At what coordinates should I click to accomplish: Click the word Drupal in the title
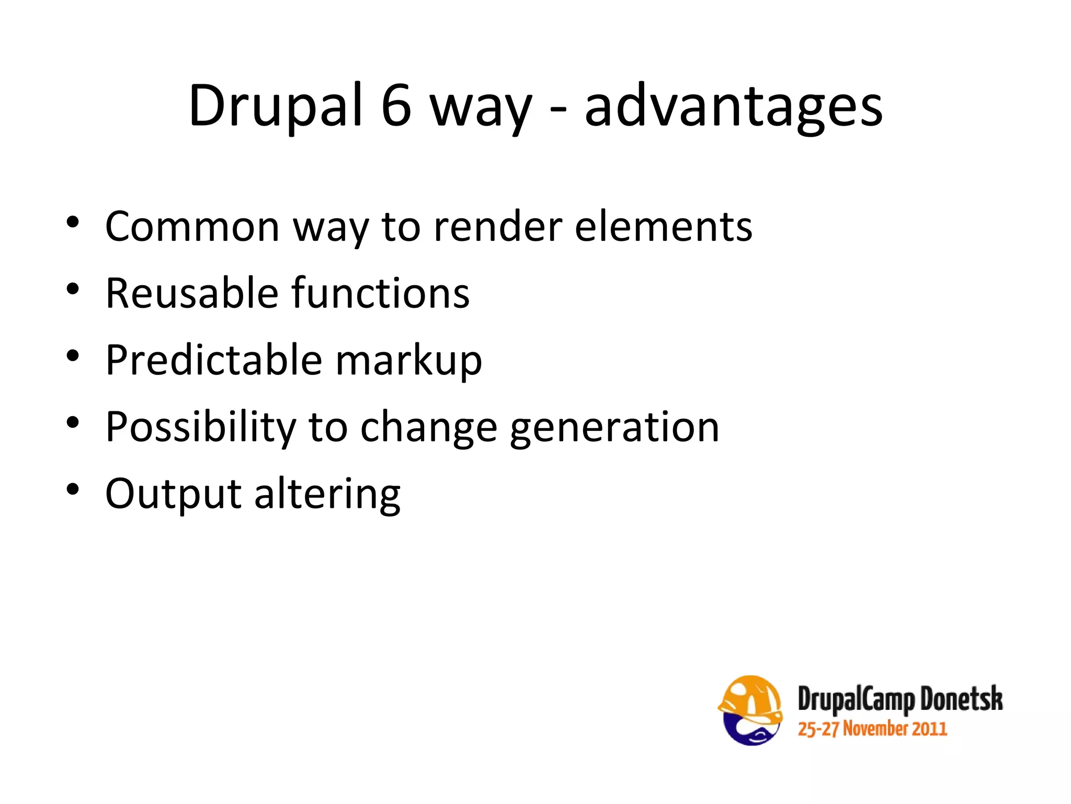click(x=276, y=106)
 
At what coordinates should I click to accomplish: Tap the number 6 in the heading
click(x=396, y=106)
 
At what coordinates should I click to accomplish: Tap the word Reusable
click(x=192, y=293)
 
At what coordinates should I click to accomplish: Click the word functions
click(x=380, y=293)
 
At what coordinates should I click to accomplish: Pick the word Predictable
click(x=213, y=360)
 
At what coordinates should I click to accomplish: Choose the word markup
click(x=408, y=361)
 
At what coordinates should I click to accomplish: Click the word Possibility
click(x=200, y=427)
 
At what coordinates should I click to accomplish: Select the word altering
click(x=327, y=494)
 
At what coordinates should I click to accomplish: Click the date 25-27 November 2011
click(x=872, y=729)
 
